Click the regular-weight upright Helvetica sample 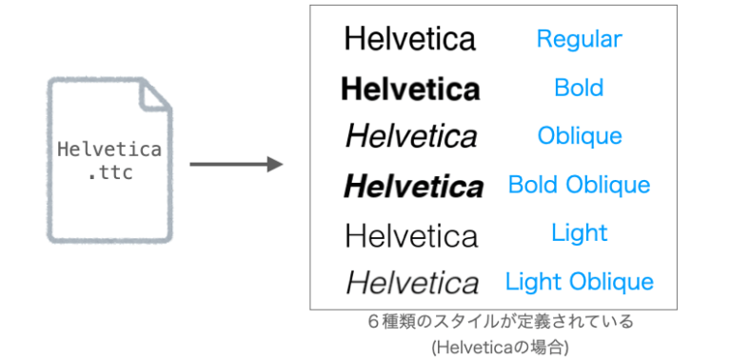410,39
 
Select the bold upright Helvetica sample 410,89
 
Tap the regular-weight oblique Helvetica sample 411,136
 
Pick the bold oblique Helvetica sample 413,186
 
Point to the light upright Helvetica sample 411,233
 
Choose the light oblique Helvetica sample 412,282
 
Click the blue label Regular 579,39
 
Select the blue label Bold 579,88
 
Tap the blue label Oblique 580,136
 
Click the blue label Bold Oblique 579,185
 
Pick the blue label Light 579,232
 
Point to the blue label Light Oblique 579,281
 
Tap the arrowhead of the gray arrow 275,164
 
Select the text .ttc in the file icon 109,174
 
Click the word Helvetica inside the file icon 109,150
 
